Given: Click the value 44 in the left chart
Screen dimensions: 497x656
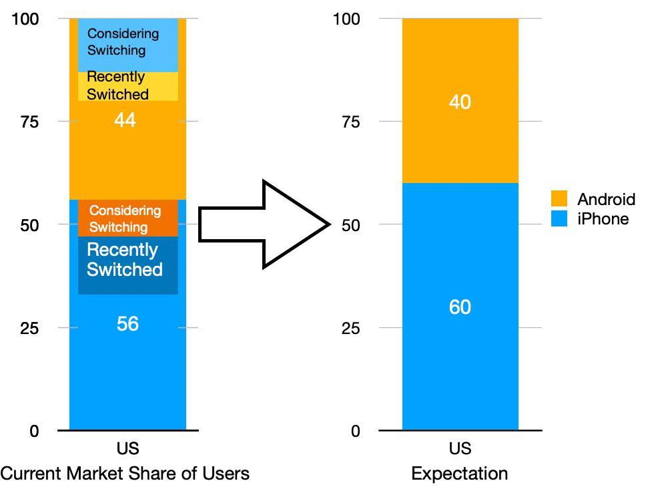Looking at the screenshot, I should [x=125, y=120].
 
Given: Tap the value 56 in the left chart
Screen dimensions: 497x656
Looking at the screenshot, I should [x=127, y=324].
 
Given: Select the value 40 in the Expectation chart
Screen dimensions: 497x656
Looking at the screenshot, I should [x=460, y=102].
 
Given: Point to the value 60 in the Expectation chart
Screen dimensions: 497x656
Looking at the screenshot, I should [x=460, y=307].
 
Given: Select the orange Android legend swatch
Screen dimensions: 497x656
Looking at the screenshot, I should [x=559, y=199].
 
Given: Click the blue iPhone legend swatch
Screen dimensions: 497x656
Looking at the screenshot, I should [x=559, y=218].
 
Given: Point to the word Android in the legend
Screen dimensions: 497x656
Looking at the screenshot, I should [x=606, y=199].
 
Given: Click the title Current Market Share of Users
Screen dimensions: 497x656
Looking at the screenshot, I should [x=125, y=474].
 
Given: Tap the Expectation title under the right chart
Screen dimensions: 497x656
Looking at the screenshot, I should [x=460, y=474].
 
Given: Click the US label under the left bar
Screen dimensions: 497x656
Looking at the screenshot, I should [x=127, y=448].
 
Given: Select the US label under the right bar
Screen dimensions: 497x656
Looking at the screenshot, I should [x=460, y=448].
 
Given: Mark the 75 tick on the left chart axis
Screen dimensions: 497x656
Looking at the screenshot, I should [x=29, y=122].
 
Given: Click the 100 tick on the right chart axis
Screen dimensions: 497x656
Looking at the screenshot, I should [x=346, y=19].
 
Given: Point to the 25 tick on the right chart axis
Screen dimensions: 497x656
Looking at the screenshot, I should [x=350, y=328].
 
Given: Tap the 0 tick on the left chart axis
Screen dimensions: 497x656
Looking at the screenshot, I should [x=34, y=432].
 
